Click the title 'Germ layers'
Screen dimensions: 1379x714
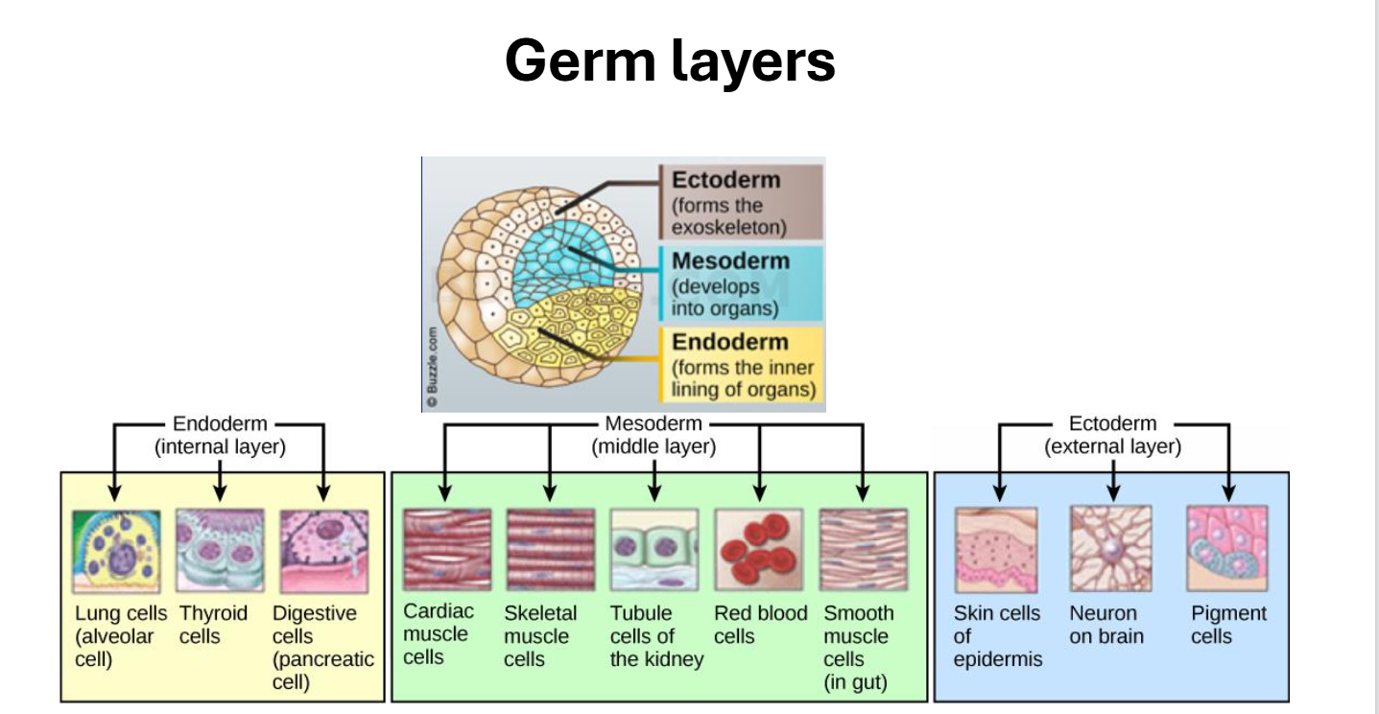(670, 61)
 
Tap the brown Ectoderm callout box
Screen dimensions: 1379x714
(741, 202)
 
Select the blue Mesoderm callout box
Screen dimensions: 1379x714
(741, 284)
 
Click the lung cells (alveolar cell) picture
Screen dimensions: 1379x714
(116, 552)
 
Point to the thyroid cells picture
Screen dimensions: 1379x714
(220, 550)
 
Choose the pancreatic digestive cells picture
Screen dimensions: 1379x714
(324, 552)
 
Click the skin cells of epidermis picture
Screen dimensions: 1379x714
(996, 550)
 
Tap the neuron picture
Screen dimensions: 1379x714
(1111, 548)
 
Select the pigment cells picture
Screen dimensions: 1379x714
(1227, 548)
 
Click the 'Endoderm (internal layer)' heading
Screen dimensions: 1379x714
(220, 435)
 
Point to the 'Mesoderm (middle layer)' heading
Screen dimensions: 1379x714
(654, 435)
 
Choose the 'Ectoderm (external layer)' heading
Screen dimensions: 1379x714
(1113, 435)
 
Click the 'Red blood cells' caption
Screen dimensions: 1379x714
(760, 624)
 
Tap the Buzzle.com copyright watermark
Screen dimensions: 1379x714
(432, 368)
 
